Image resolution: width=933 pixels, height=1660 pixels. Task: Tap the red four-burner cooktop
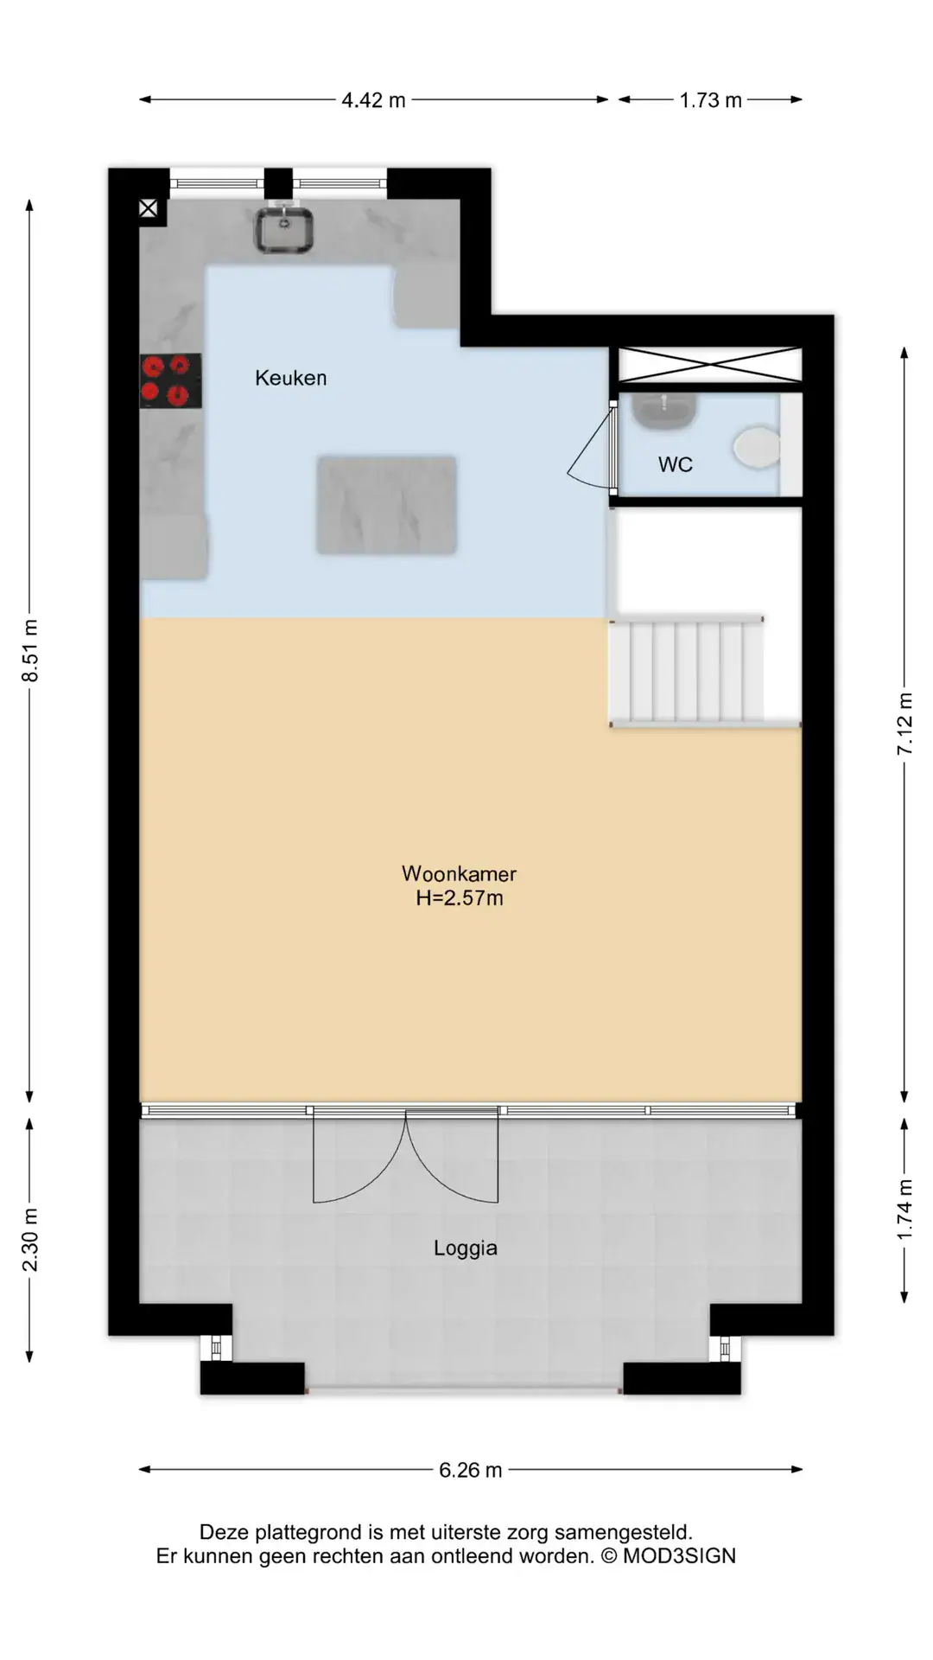(x=171, y=380)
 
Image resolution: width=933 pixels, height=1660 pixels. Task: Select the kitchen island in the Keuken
(x=386, y=505)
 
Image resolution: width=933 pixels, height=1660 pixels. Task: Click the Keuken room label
(x=291, y=378)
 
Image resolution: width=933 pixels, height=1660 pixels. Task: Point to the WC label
(x=676, y=464)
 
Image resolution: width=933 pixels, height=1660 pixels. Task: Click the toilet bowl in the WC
(x=758, y=447)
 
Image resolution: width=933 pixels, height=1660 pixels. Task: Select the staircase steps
(x=688, y=671)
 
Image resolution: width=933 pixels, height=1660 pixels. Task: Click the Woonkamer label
(x=459, y=873)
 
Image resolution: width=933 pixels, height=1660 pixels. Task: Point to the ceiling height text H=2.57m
(x=459, y=898)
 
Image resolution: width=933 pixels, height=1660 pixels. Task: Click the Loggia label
(x=466, y=1248)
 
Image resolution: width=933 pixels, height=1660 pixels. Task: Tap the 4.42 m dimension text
(x=373, y=100)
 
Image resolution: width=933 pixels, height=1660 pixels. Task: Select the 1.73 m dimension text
(x=710, y=100)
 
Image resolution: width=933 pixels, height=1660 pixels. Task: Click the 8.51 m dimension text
(x=30, y=650)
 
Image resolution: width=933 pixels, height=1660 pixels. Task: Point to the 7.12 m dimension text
(x=904, y=724)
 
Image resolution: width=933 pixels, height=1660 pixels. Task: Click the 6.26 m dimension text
(x=471, y=1470)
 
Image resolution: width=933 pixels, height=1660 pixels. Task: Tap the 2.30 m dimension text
(x=30, y=1241)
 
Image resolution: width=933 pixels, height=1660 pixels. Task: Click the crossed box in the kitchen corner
(x=149, y=208)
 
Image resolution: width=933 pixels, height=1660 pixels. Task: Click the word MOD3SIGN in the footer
(x=679, y=1556)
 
